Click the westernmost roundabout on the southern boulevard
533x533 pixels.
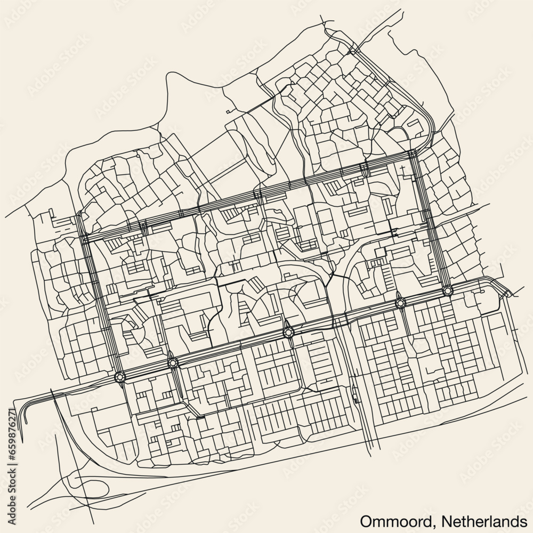pyautogui.click(x=120, y=377)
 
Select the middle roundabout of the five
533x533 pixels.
pyautogui.click(x=288, y=333)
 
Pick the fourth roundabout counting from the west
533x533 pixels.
pyautogui.click(x=400, y=303)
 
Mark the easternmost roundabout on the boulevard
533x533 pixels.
pyautogui.click(x=447, y=290)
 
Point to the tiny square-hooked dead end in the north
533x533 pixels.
pyautogui.click(x=228, y=111)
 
